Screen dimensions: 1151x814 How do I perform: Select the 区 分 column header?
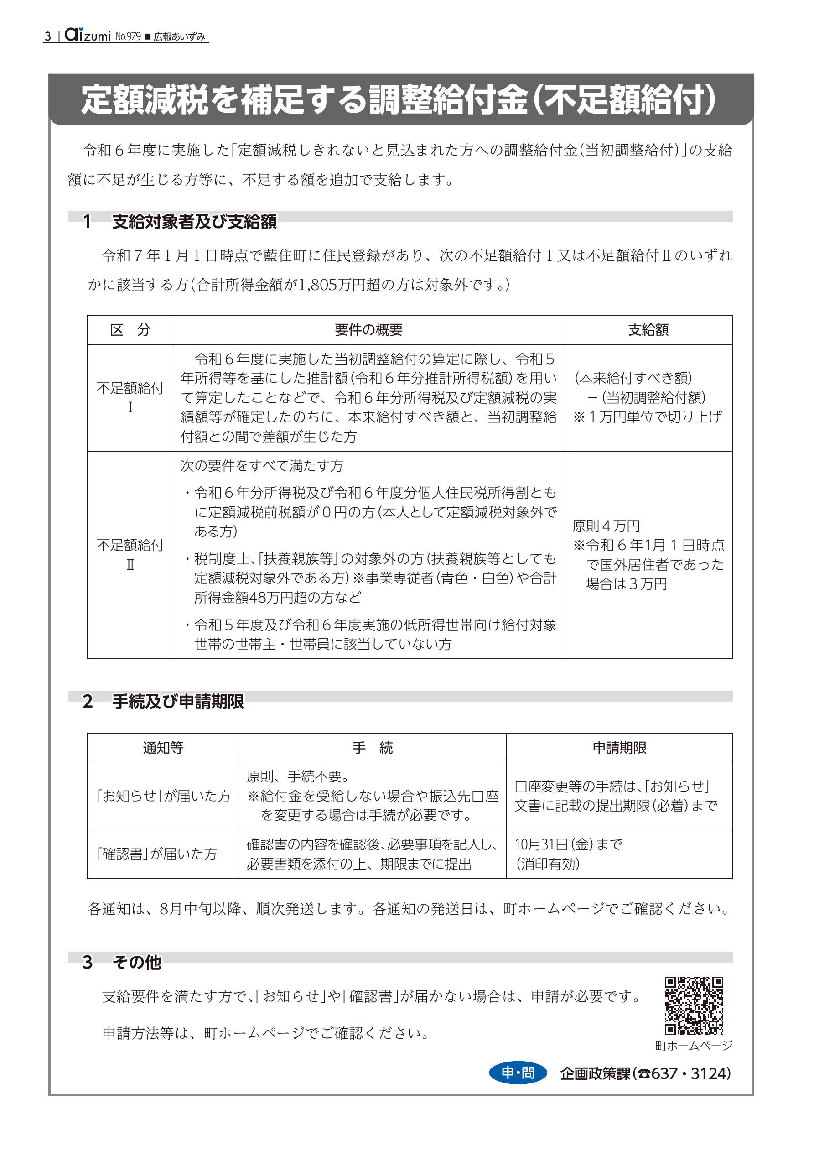click(x=130, y=330)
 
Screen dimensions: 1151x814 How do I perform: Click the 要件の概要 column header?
click(x=368, y=330)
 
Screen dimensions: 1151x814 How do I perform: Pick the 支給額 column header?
click(x=648, y=330)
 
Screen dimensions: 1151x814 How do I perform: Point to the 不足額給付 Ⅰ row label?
click(x=130, y=397)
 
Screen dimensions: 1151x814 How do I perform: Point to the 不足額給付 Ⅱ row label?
click(x=130, y=554)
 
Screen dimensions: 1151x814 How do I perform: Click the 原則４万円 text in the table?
click(x=606, y=526)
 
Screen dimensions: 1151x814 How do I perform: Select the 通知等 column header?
click(x=163, y=748)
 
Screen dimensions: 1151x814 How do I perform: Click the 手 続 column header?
click(x=372, y=748)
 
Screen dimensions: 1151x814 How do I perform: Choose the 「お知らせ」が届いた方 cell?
click(x=163, y=796)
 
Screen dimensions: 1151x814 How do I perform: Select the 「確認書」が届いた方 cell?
click(x=157, y=854)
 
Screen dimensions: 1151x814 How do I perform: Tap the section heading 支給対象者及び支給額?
click(x=194, y=221)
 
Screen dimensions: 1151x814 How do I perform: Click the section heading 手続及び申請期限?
click(x=178, y=701)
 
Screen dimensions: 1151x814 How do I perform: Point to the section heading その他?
click(x=136, y=962)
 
